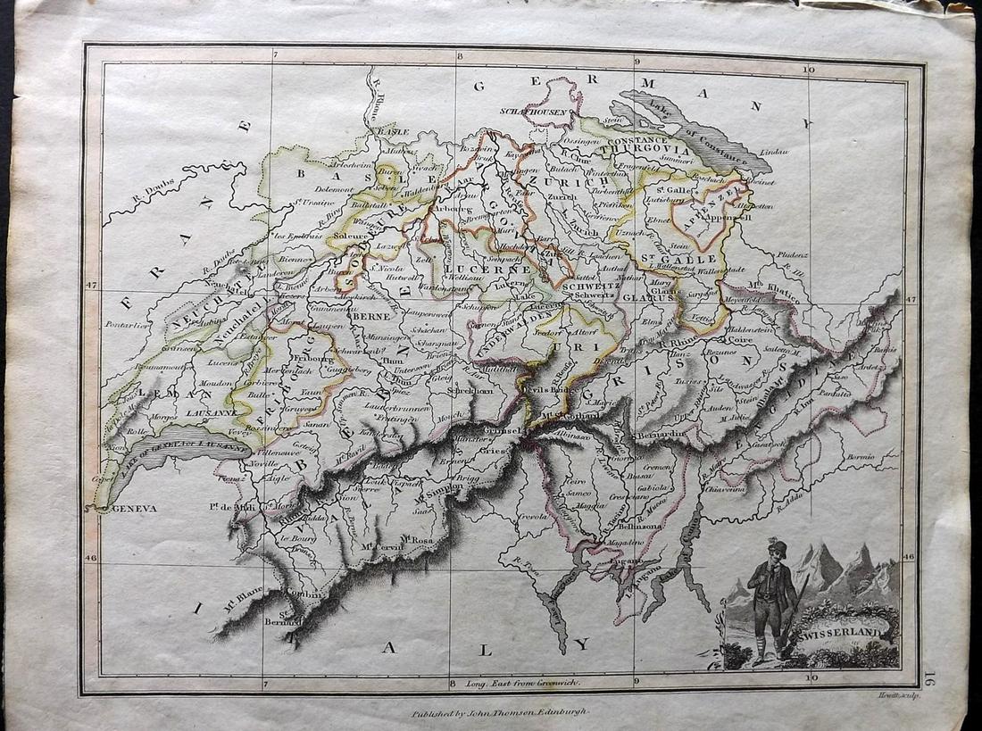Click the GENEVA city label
click(134, 508)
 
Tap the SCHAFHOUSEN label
click(523, 113)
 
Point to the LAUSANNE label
click(212, 414)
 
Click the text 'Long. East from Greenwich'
click(523, 683)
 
